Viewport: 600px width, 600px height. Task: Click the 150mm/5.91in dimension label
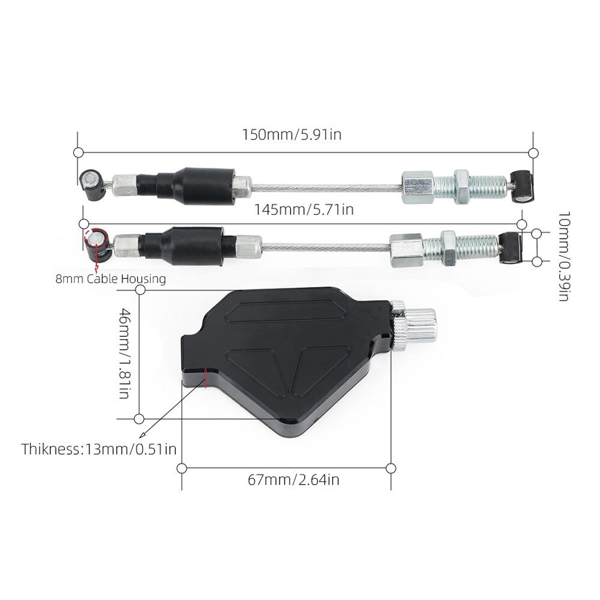click(292, 134)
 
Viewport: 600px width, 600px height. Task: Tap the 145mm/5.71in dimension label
click(304, 209)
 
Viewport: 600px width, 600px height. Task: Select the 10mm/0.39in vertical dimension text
click(564, 256)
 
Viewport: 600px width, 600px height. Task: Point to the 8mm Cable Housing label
click(111, 278)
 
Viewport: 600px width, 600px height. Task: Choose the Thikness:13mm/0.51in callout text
click(99, 449)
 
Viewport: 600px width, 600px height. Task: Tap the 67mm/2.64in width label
click(293, 479)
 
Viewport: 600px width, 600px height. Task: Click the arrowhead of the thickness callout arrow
click(143, 434)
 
